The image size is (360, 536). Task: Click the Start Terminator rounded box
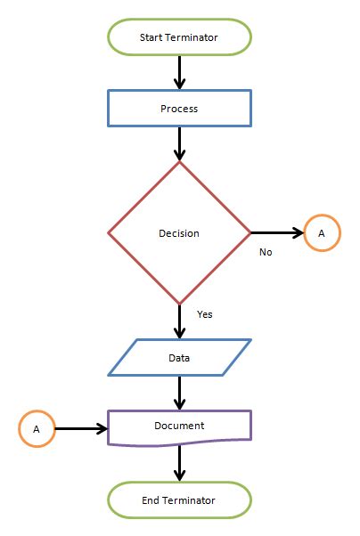coord(179,37)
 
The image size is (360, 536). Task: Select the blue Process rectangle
coord(179,109)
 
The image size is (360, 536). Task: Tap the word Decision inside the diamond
coord(179,233)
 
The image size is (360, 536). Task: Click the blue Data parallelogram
coord(179,358)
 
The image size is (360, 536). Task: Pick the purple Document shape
coord(179,426)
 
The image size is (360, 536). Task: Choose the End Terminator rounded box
coord(179,500)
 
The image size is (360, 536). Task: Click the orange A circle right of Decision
coord(322,233)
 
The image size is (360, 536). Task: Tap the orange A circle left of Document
coord(37,428)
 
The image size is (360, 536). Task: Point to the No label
coord(266,252)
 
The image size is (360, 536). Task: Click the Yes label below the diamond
coord(204,313)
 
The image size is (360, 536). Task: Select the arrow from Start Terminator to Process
coord(179,72)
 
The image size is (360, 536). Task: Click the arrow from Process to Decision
coord(179,143)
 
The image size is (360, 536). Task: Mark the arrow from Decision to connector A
coord(277,233)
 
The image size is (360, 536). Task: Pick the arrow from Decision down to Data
coord(179,321)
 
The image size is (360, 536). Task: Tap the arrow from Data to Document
coord(179,393)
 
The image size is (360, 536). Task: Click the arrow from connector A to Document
coord(81,428)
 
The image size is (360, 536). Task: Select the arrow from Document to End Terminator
coord(179,463)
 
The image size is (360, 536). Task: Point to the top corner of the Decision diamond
coord(179,163)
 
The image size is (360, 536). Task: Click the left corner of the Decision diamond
coord(110,233)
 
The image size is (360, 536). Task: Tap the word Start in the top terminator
coord(151,37)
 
